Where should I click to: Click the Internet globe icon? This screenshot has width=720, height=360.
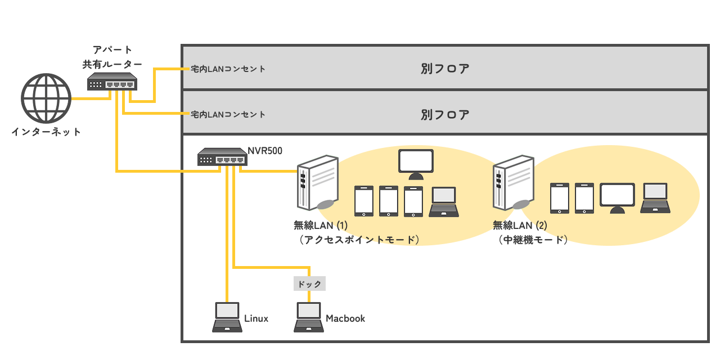pos(46,98)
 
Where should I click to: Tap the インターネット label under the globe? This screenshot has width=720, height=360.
pos(46,133)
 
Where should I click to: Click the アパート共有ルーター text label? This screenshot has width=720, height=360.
pos(112,58)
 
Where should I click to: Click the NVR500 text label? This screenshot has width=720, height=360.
pos(265,151)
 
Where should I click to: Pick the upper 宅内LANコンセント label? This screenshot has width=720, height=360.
pos(228,69)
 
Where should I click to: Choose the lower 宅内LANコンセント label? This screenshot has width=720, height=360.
pos(228,114)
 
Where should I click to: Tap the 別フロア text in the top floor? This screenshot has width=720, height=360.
pos(445,69)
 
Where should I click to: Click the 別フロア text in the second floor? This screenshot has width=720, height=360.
pos(445,115)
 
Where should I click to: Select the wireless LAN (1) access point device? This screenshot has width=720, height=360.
pos(317,183)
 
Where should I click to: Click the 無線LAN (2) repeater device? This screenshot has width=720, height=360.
pos(512,183)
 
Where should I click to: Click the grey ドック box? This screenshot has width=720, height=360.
pos(310,283)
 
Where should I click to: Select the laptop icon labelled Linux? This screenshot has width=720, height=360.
pos(227,317)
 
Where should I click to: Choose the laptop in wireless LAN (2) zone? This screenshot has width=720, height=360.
pos(655,198)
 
